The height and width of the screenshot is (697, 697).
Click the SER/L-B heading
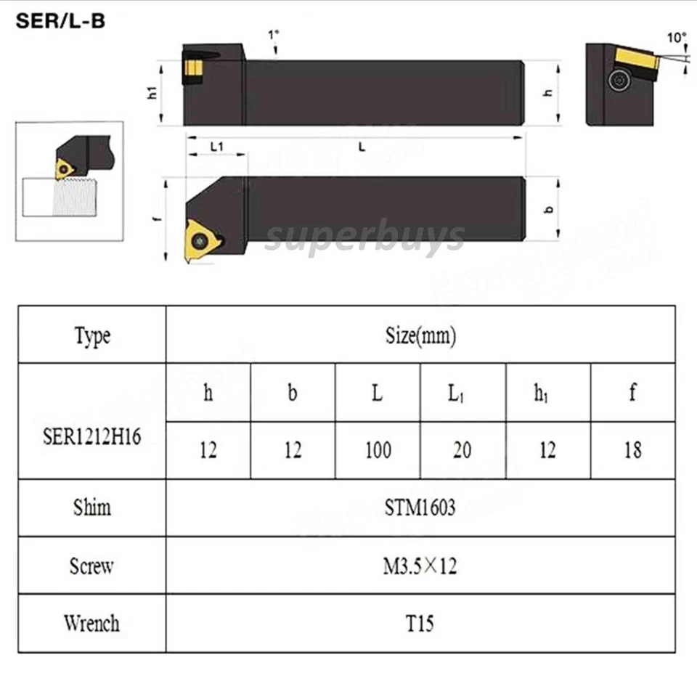click(x=60, y=21)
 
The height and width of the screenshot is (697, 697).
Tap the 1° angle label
click(x=273, y=34)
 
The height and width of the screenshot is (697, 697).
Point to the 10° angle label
click(x=675, y=35)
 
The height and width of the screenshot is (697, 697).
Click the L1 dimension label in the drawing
click(x=216, y=147)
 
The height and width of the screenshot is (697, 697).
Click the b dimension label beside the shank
click(x=549, y=210)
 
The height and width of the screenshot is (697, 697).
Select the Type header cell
click(x=92, y=335)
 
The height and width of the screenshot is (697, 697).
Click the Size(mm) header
click(x=420, y=335)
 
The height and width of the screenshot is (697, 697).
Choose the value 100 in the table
click(x=378, y=450)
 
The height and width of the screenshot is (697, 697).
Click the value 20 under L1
click(x=462, y=450)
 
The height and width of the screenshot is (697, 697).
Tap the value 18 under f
click(x=632, y=450)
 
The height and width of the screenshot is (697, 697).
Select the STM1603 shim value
click(x=420, y=508)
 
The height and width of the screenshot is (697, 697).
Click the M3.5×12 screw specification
click(x=420, y=566)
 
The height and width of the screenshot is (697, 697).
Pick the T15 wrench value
click(x=420, y=623)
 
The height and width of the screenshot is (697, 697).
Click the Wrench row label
click(x=92, y=623)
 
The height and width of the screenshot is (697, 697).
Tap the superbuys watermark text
click(x=364, y=236)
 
